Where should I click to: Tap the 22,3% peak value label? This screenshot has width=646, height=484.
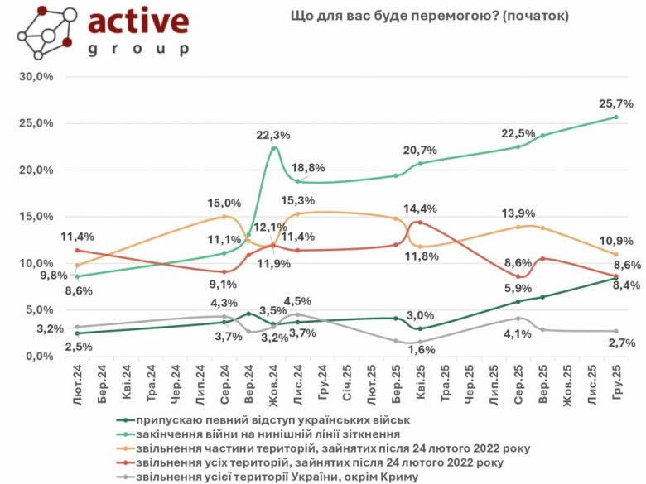(x=274, y=136)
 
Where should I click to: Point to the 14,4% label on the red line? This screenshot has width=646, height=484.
(x=420, y=209)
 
